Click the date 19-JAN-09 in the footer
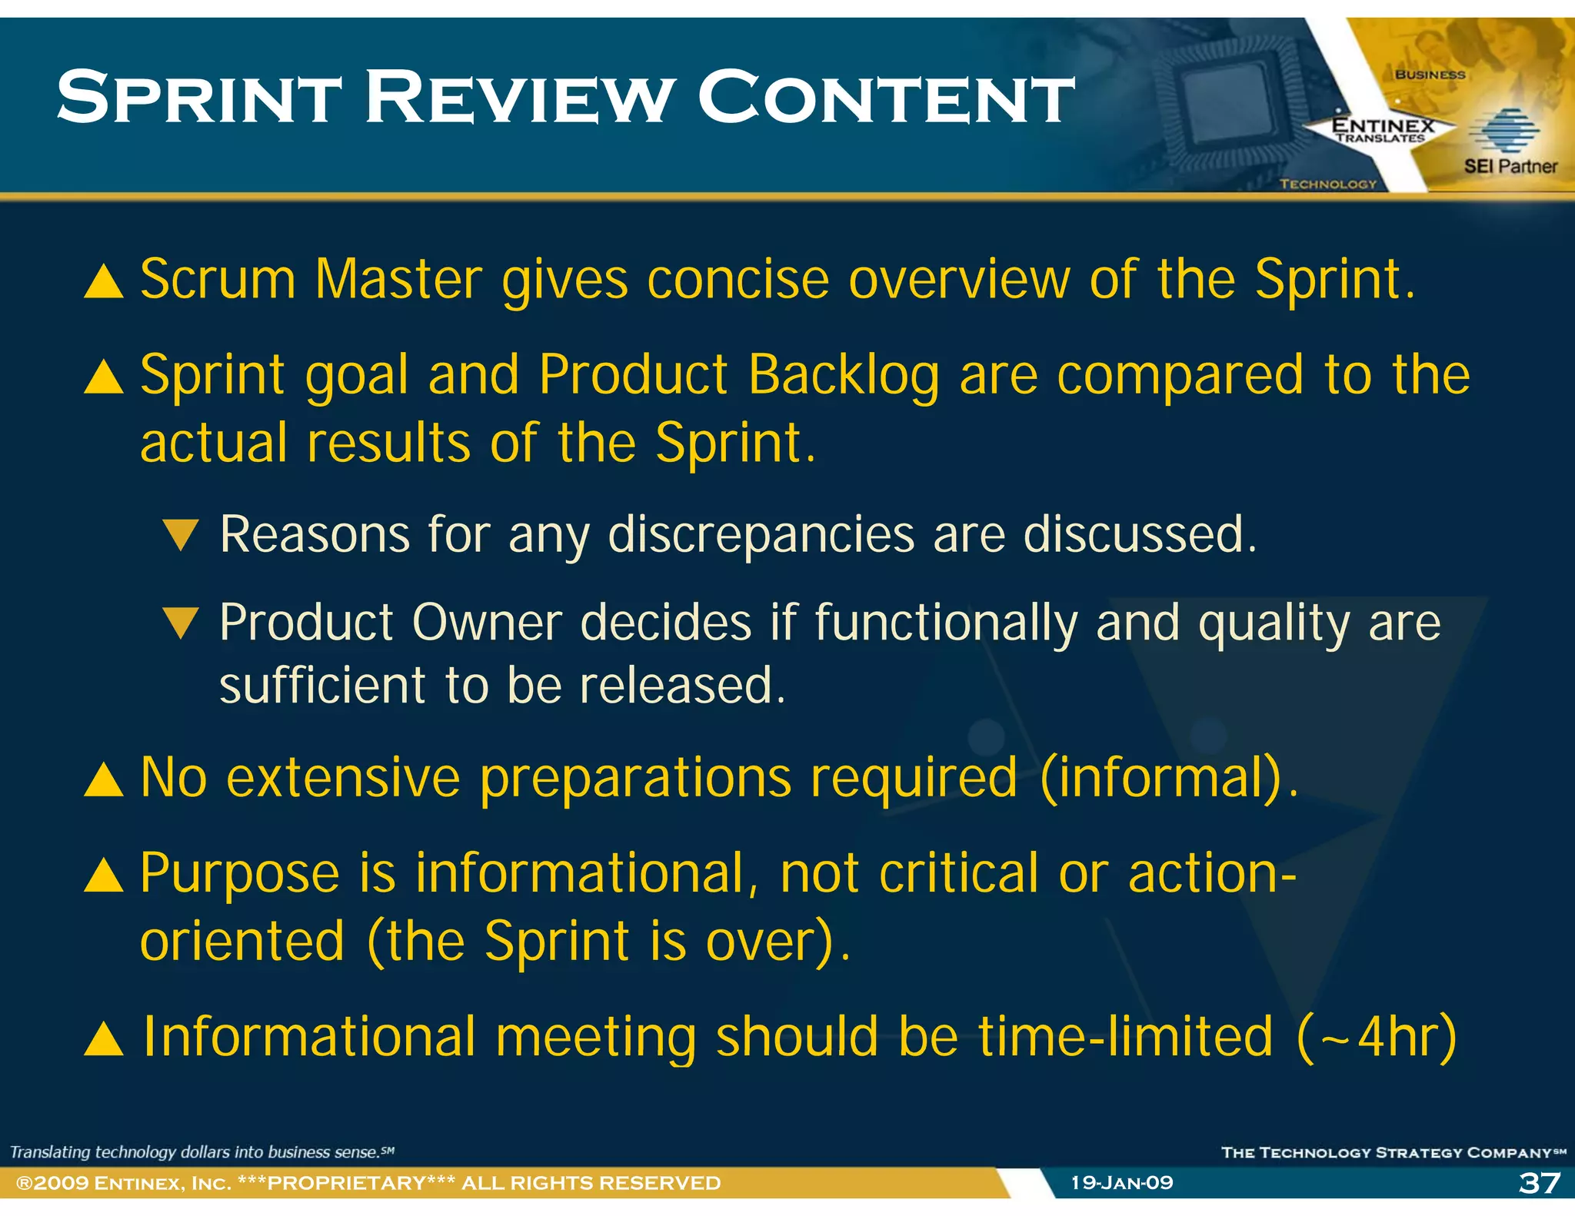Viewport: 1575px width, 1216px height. pos(1122,1182)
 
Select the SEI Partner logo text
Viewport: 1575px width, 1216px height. pos(1510,166)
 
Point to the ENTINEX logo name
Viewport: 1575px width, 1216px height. pos(1383,125)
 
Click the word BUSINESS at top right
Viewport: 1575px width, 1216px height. pos(1430,75)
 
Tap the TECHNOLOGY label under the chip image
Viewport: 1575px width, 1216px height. pos(1328,184)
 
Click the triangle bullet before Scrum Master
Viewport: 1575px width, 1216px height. pos(104,281)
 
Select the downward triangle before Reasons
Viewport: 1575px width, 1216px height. pos(181,534)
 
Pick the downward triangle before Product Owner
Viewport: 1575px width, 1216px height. pos(181,623)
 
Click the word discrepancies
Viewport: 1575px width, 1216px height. pos(761,534)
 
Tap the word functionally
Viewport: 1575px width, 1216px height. pos(946,623)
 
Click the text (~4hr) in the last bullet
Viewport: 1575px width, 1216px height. pos(1377,1038)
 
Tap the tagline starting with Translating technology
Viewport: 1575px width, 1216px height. pos(201,1151)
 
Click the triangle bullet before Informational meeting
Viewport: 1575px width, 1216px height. pos(104,1039)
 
